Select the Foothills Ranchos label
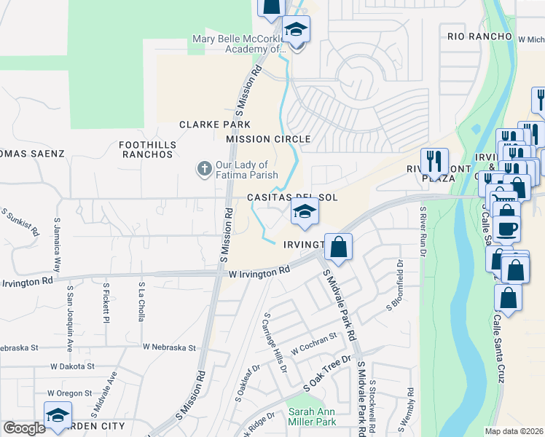[146, 149]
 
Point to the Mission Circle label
[268, 139]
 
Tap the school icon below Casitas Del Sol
[305, 212]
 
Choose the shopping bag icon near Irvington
[339, 247]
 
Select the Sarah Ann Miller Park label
[312, 416]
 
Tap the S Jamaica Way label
[56, 239]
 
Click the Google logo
[24, 428]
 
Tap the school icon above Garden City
[58, 415]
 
